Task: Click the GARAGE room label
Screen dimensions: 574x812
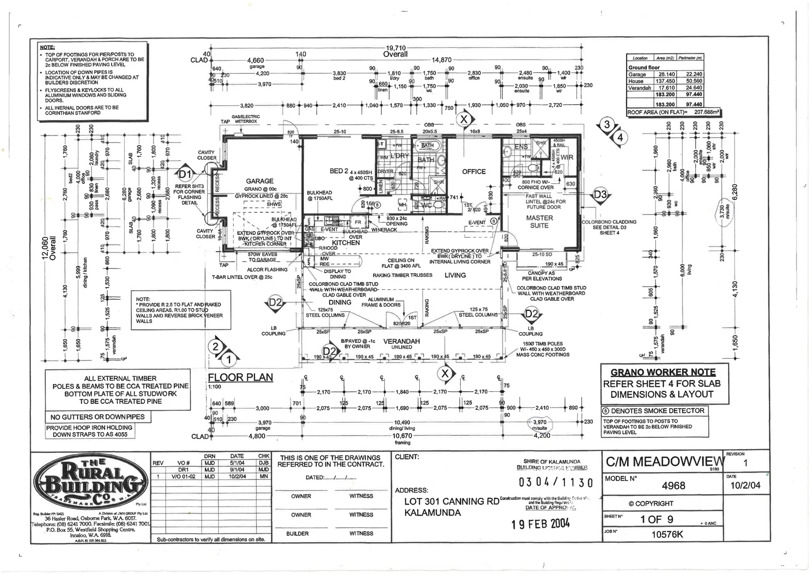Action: pyautogui.click(x=259, y=181)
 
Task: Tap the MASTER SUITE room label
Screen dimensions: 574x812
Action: pyautogui.click(x=539, y=222)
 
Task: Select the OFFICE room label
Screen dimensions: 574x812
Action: pyautogui.click(x=473, y=172)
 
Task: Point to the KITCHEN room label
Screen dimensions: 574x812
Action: pyautogui.click(x=345, y=243)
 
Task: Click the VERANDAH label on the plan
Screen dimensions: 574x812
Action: pyautogui.click(x=401, y=341)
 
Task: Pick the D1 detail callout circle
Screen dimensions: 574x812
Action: pyautogui.click(x=184, y=173)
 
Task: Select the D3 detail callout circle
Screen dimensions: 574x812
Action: pyautogui.click(x=600, y=195)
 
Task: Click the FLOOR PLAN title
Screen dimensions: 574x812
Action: pyautogui.click(x=240, y=377)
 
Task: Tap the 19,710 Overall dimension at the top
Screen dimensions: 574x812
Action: pyautogui.click(x=395, y=51)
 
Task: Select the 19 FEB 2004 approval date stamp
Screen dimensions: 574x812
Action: pyautogui.click(x=540, y=524)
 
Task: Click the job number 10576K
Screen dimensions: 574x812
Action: pyautogui.click(x=667, y=534)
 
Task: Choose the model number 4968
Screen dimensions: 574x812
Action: pyautogui.click(x=673, y=485)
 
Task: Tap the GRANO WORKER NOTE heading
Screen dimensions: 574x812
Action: pyautogui.click(x=663, y=372)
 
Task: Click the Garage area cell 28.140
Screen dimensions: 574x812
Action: pyautogui.click(x=665, y=74)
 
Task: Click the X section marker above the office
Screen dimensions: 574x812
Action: pyautogui.click(x=464, y=119)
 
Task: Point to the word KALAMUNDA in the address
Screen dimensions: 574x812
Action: pyautogui.click(x=432, y=513)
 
